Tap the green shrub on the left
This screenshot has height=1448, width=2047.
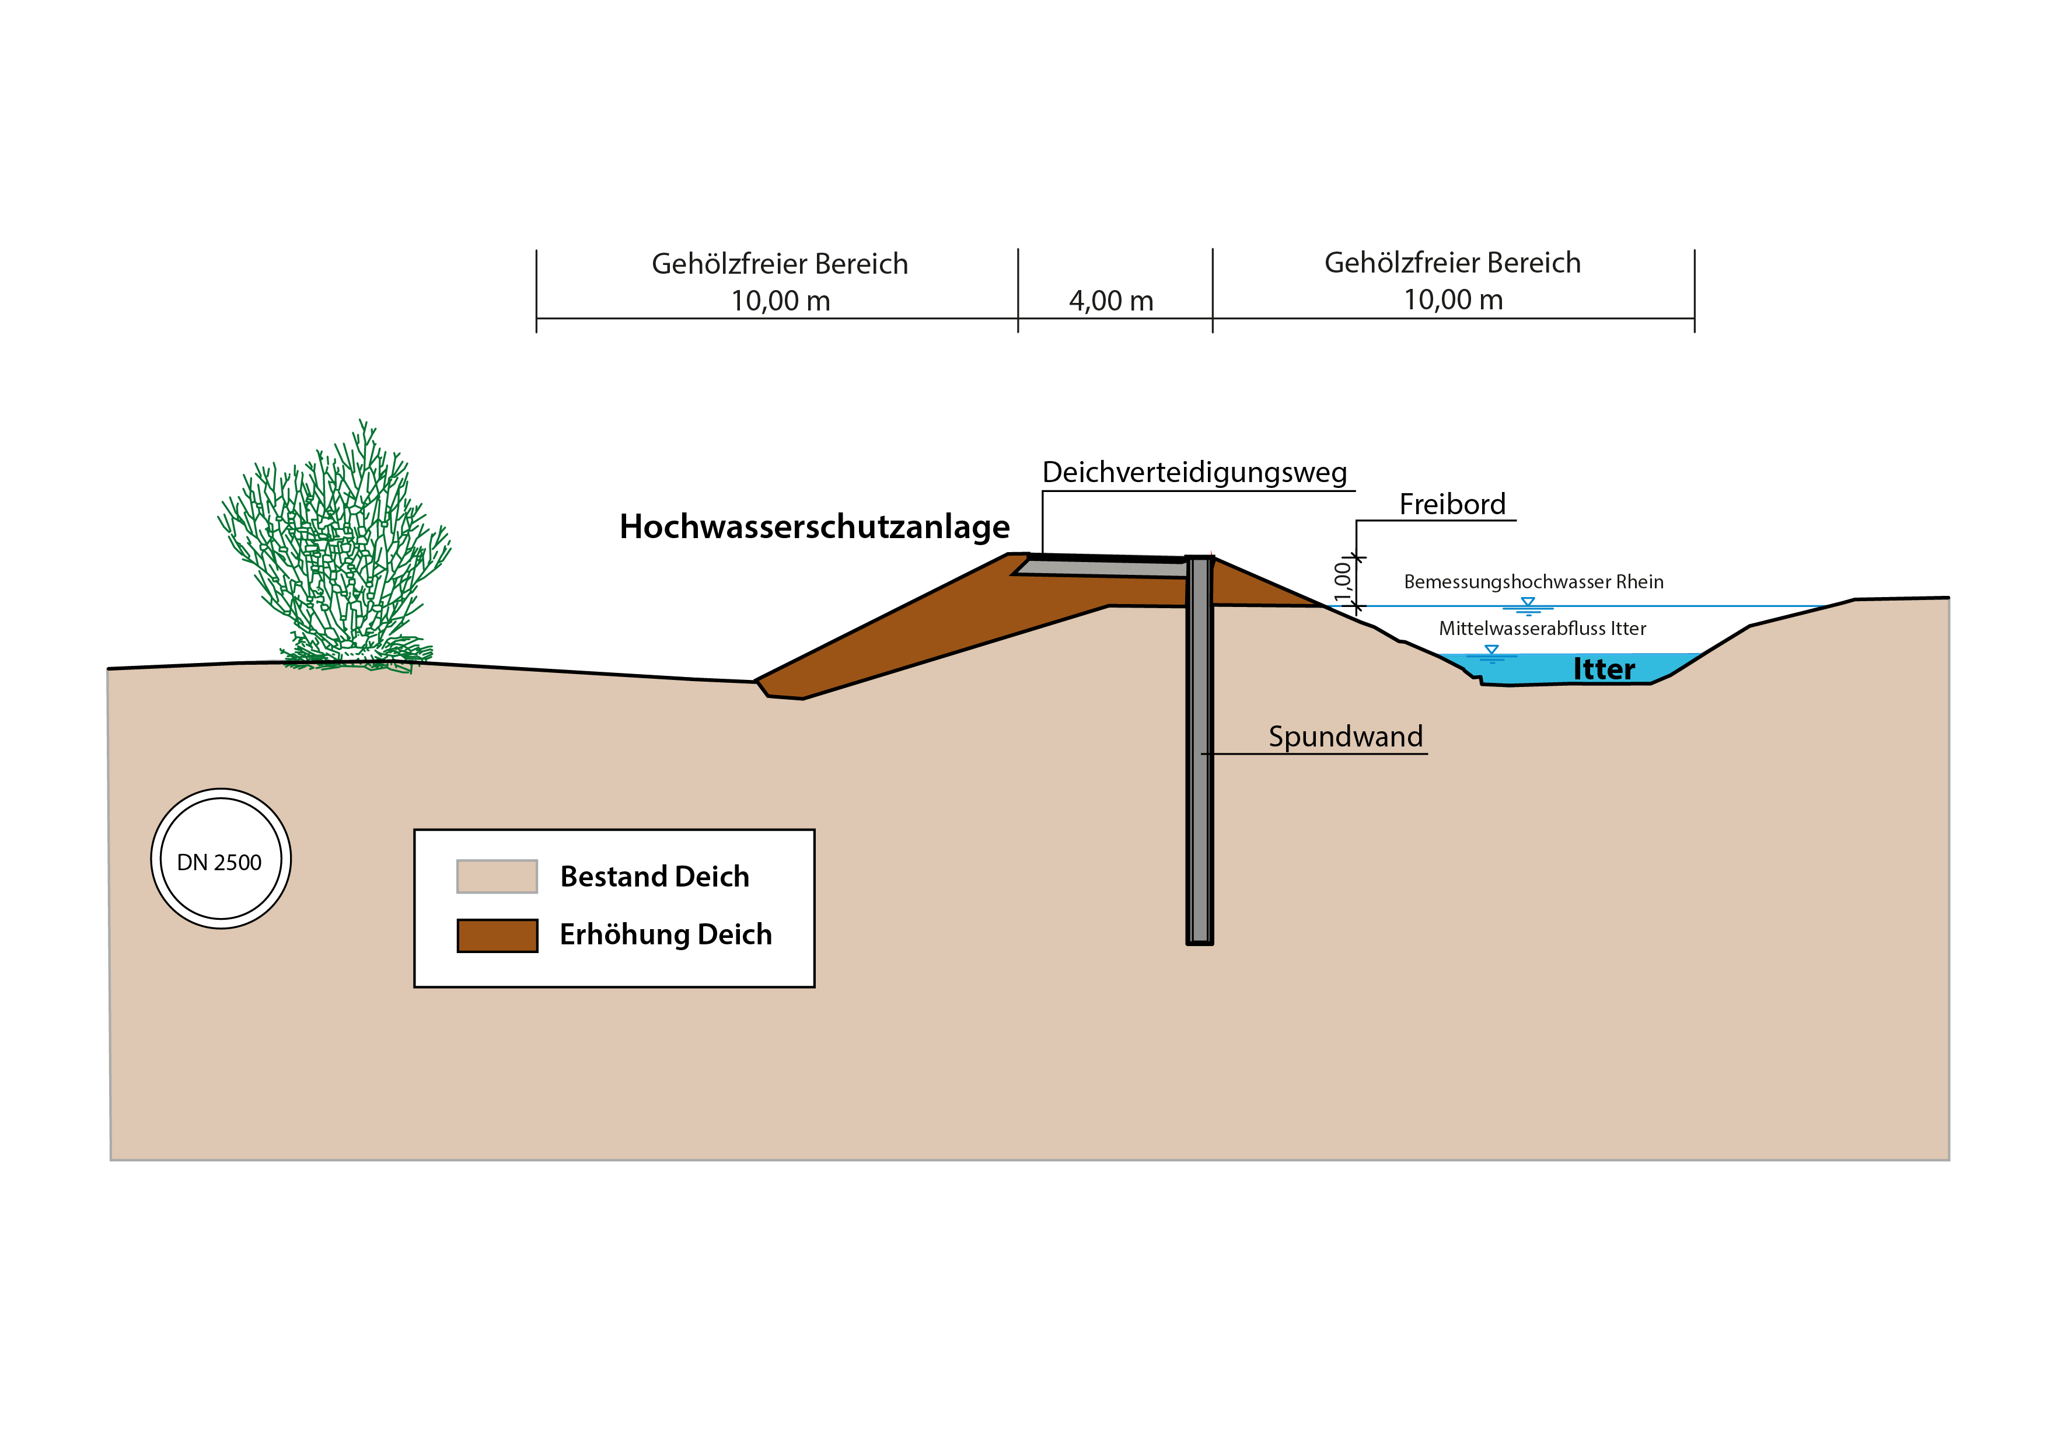point(334,553)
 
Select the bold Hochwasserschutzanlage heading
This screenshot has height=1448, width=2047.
point(814,527)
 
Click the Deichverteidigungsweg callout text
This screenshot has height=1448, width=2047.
point(1194,473)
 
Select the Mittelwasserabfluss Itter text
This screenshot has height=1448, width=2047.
point(1542,629)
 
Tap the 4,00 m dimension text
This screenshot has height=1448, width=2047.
point(1111,301)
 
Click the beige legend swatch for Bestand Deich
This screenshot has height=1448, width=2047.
point(497,877)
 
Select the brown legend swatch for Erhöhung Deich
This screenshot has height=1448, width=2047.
point(497,936)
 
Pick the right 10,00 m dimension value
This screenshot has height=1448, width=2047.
point(1452,301)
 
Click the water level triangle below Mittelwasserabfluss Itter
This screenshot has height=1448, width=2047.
point(1491,650)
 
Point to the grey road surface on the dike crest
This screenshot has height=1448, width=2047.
point(1101,567)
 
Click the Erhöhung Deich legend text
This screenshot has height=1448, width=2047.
point(665,934)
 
